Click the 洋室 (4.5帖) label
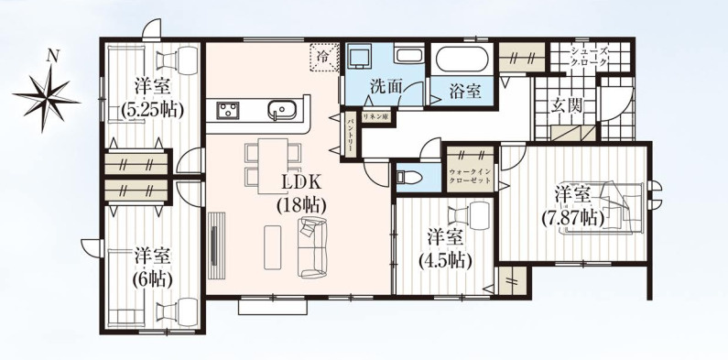[x=445, y=248]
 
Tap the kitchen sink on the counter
[x=282, y=111]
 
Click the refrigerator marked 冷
[x=323, y=57]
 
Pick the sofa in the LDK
[x=312, y=246]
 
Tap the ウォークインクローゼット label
[x=471, y=176]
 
